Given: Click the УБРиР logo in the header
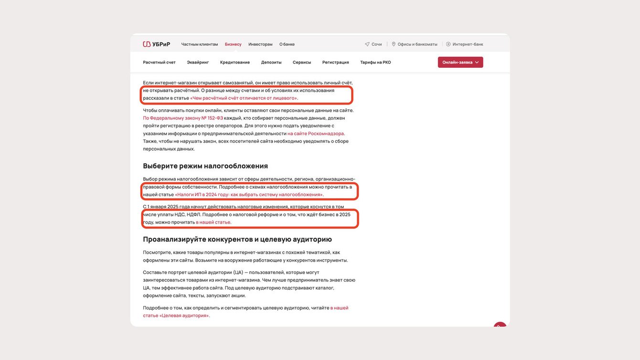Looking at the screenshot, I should [156, 44].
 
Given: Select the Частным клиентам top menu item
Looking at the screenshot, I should [199, 44].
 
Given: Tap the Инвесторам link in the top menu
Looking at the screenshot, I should [260, 44].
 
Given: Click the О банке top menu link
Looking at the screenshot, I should [287, 44].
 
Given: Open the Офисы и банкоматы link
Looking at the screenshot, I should [415, 44].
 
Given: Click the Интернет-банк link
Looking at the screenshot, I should [465, 44].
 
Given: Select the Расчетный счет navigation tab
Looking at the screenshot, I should [159, 63].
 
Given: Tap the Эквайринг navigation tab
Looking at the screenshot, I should [198, 63].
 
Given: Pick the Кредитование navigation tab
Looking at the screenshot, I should [235, 63].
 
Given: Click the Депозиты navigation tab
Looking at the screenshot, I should [271, 63].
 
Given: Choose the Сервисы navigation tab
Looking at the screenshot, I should [302, 63].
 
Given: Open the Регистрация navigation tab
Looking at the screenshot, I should [335, 63].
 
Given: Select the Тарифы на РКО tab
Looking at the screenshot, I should [375, 63].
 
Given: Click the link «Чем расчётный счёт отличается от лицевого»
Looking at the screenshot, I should [244, 98].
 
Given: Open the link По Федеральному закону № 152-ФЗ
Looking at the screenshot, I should [183, 118].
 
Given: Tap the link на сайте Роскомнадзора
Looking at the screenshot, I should [316, 134].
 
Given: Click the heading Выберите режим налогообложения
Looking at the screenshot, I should [205, 166].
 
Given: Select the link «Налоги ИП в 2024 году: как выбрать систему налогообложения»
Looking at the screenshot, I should [249, 195].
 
